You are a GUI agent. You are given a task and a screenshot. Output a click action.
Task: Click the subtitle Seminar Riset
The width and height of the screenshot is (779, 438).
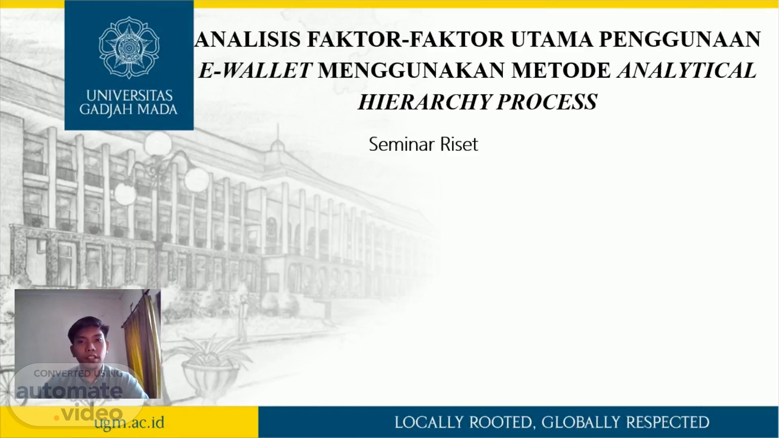click(x=424, y=144)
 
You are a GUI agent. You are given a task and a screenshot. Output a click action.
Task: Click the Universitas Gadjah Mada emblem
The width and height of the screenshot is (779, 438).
click(x=129, y=48)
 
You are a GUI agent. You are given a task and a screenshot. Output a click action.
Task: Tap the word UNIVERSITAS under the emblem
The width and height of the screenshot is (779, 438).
click(x=129, y=96)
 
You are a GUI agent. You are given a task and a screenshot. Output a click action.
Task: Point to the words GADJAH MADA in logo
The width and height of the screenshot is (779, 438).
click(x=129, y=110)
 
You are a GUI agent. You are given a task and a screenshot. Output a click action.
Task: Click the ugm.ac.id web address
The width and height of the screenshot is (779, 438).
click(x=129, y=423)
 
